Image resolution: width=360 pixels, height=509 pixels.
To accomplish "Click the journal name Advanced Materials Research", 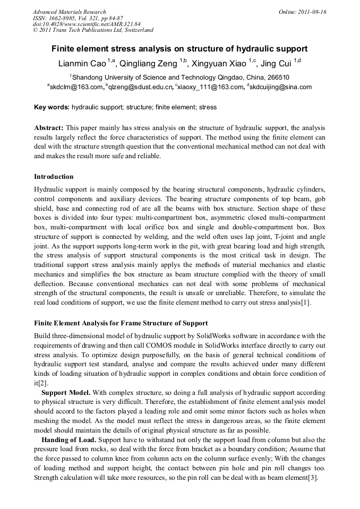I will [x=69, y=12].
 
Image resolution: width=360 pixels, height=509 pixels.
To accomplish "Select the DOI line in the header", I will [x=87, y=24].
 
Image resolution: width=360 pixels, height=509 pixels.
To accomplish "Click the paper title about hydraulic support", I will [x=179, y=48].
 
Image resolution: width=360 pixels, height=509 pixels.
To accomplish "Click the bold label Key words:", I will [x=52, y=107].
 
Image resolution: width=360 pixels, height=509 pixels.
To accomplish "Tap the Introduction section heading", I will [x=54, y=177].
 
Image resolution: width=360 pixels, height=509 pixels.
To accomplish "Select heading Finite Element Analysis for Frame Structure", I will [x=121, y=323].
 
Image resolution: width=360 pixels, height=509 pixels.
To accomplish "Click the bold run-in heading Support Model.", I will [x=66, y=392].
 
